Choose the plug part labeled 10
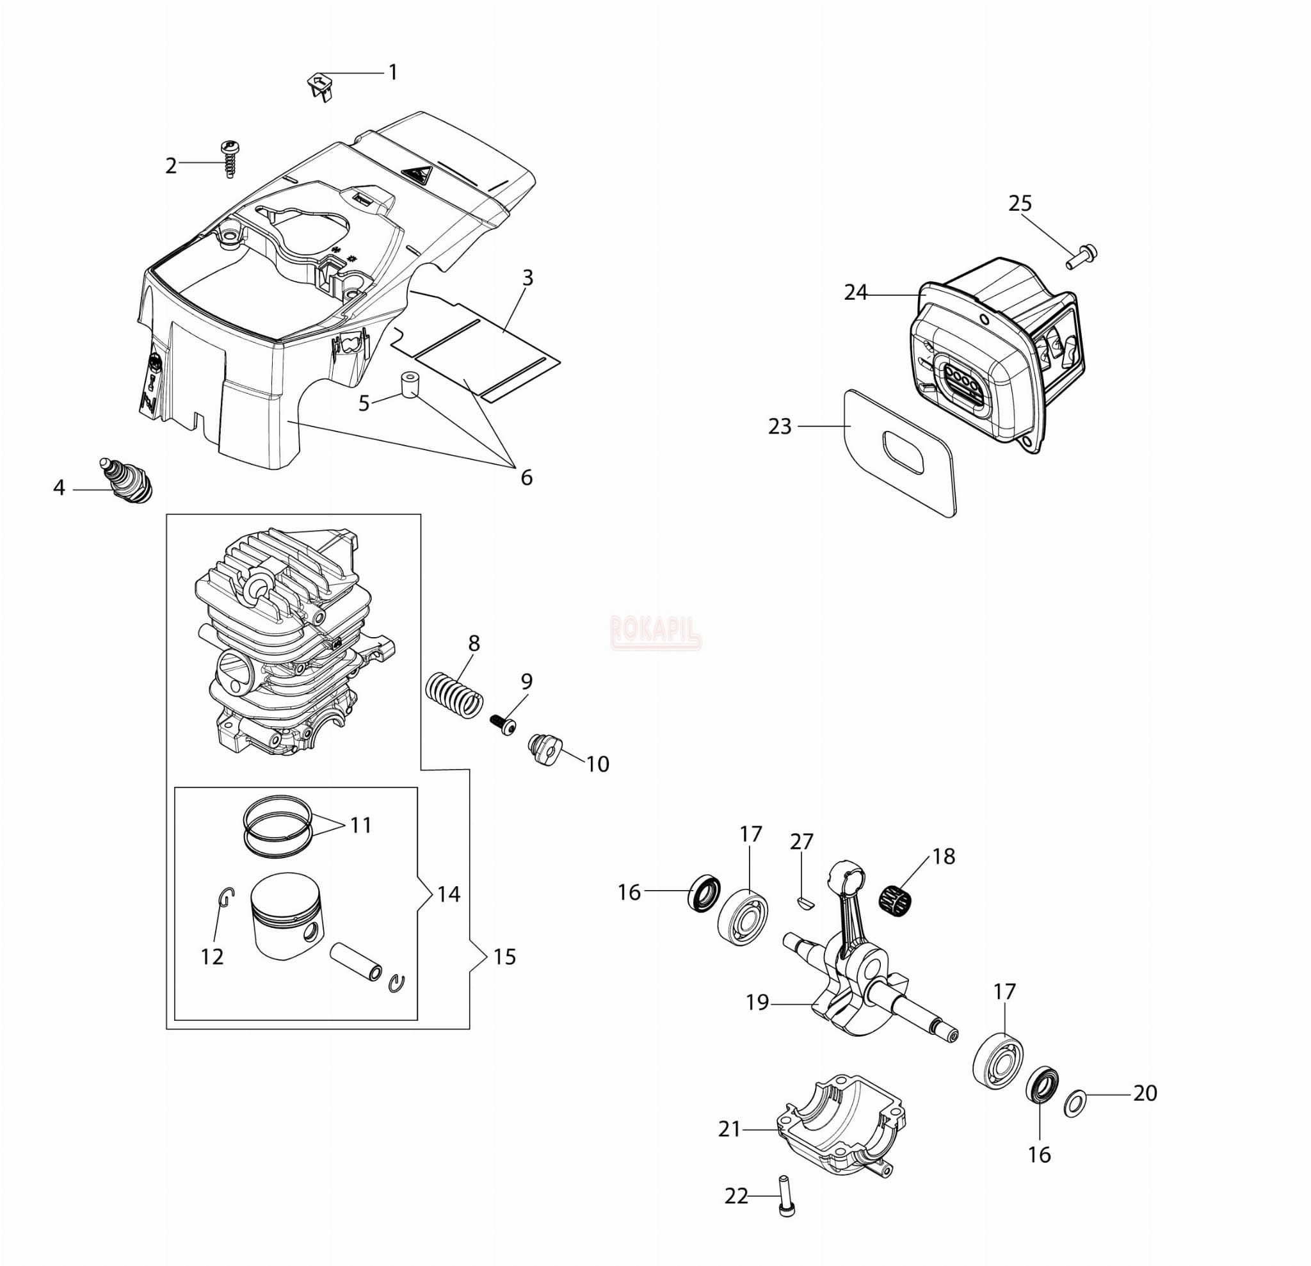pos(545,750)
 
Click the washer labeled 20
pos(1074,1104)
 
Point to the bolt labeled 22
pos(787,1195)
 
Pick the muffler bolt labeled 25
pos(1082,256)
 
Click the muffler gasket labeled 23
pos(899,453)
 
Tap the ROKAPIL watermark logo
pos(655,631)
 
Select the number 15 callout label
pos(504,957)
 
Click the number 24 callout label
pos(855,293)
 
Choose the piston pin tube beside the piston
pos(357,961)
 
